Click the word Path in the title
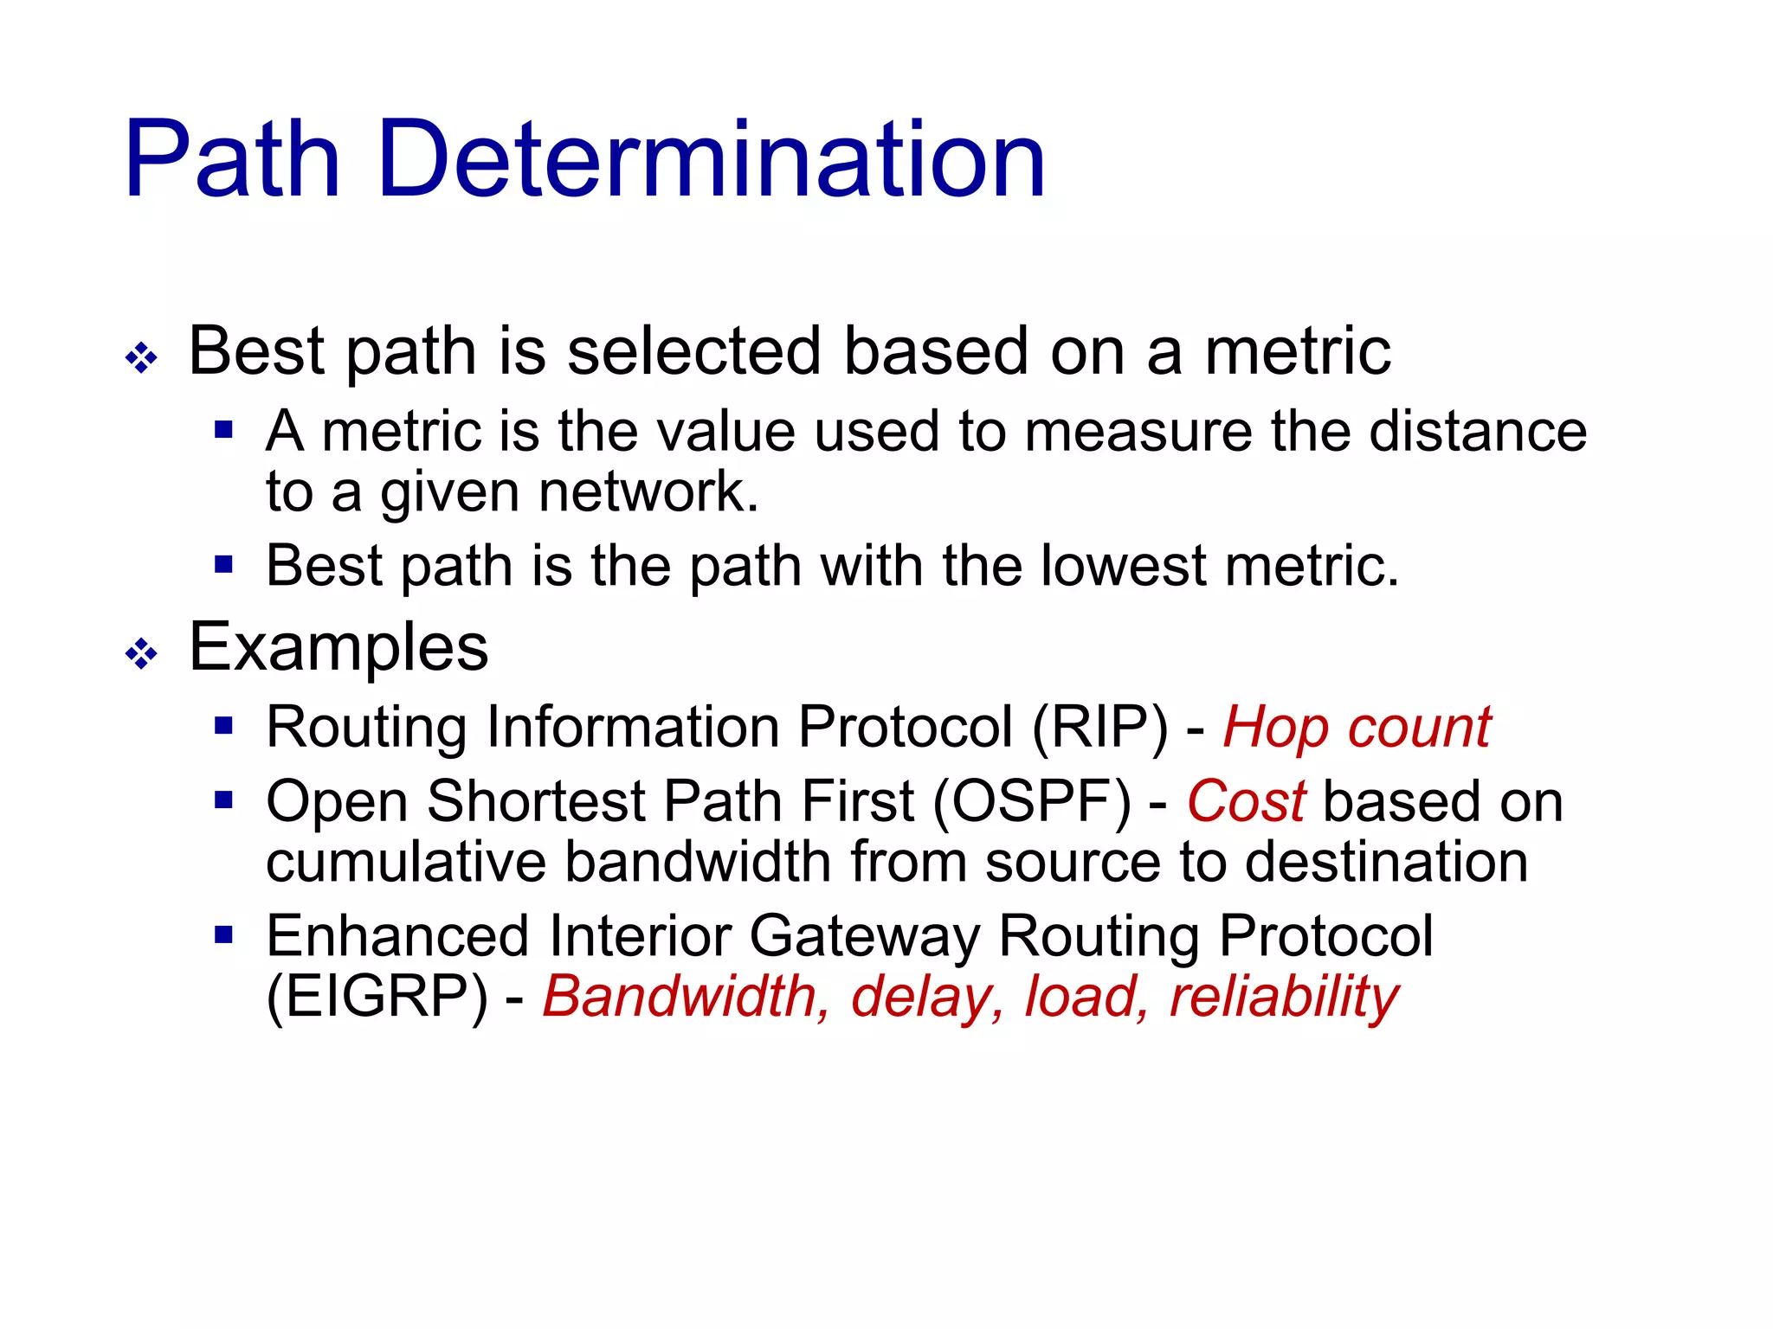click(x=232, y=160)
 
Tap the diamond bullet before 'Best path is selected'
click(x=141, y=357)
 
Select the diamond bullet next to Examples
click(x=141, y=653)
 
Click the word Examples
click(x=338, y=649)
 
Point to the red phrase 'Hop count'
click(x=1357, y=729)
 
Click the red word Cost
click(x=1246, y=802)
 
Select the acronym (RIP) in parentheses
click(x=1099, y=729)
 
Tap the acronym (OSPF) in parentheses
click(x=1032, y=802)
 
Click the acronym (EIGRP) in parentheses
click(x=377, y=998)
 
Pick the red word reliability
click(x=1284, y=998)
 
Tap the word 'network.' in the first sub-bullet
click(x=648, y=493)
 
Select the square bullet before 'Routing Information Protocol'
click(x=224, y=725)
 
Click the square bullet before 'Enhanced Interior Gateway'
click(x=224, y=934)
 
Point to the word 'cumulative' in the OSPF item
click(x=406, y=864)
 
